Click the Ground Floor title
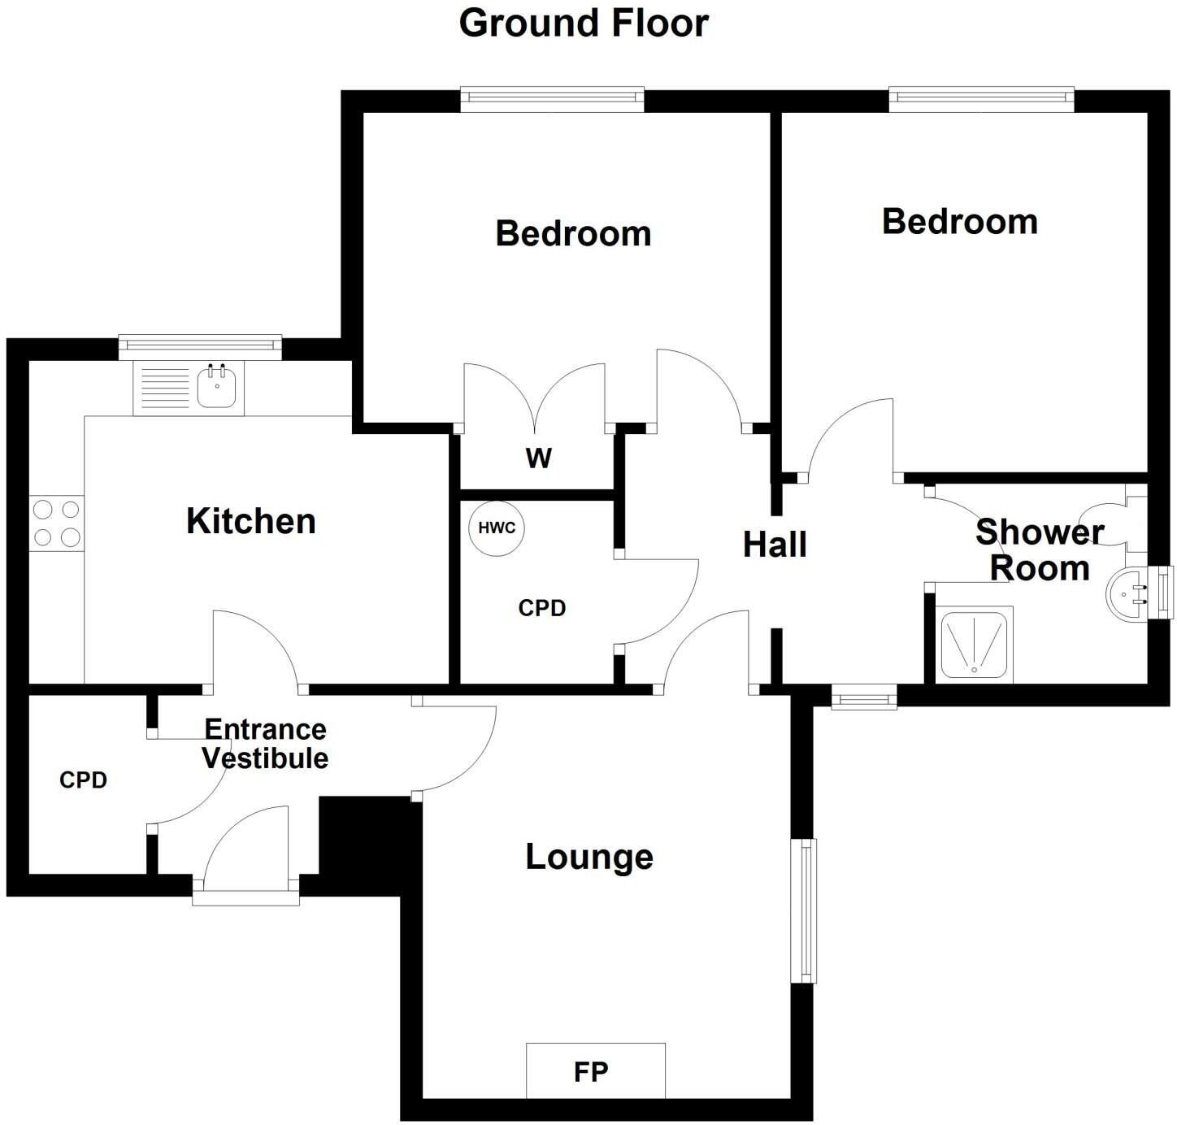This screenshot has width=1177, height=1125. [x=584, y=23]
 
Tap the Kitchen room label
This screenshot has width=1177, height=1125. [x=251, y=521]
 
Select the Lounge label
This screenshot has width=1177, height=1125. [x=589, y=857]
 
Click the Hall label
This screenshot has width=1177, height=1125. [x=775, y=545]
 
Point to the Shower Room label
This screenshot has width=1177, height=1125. [x=1040, y=550]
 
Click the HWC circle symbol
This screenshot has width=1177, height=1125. [x=497, y=528]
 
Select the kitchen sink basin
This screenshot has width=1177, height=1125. [x=217, y=387]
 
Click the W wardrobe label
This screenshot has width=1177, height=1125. [x=538, y=458]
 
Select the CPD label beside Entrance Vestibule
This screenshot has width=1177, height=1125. [x=83, y=780]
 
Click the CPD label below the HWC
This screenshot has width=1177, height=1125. [x=541, y=608]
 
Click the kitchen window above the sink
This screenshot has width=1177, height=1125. [x=200, y=345]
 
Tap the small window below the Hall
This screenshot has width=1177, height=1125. [x=863, y=697]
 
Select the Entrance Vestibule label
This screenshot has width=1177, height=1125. [x=265, y=744]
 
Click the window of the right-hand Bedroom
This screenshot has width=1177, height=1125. [x=981, y=99]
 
